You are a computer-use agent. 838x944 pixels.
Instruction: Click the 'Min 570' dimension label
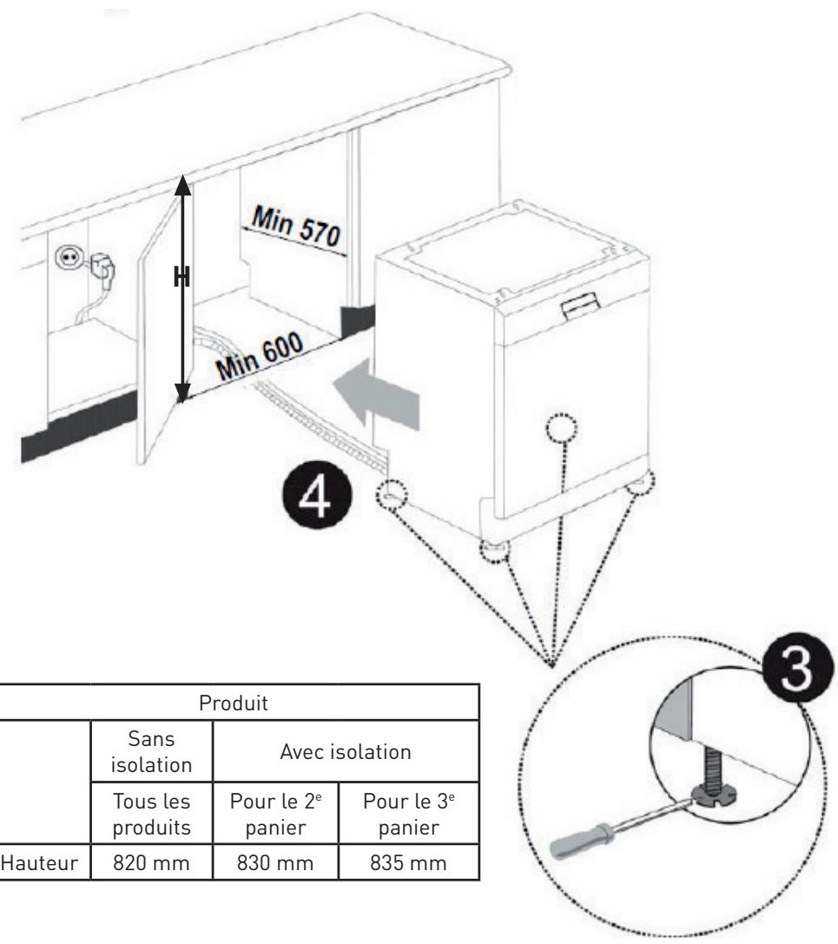296,226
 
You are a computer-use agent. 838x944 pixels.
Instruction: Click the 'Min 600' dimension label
260,356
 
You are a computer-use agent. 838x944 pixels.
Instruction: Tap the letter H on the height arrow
181,278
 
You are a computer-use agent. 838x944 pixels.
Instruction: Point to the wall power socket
67,258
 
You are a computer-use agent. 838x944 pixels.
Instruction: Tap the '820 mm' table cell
152,862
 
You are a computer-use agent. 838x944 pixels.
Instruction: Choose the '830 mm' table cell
276,862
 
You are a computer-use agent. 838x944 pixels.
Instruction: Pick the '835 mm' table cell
409,862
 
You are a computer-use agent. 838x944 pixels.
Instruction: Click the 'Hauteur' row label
40,862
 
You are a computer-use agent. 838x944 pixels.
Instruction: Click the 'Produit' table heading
234,703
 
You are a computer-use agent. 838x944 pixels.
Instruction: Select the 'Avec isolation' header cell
346,751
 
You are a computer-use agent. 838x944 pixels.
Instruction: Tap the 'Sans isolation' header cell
152,751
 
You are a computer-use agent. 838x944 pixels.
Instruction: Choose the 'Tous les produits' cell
152,814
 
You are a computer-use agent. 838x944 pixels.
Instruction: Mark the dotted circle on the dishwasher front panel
562,429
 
